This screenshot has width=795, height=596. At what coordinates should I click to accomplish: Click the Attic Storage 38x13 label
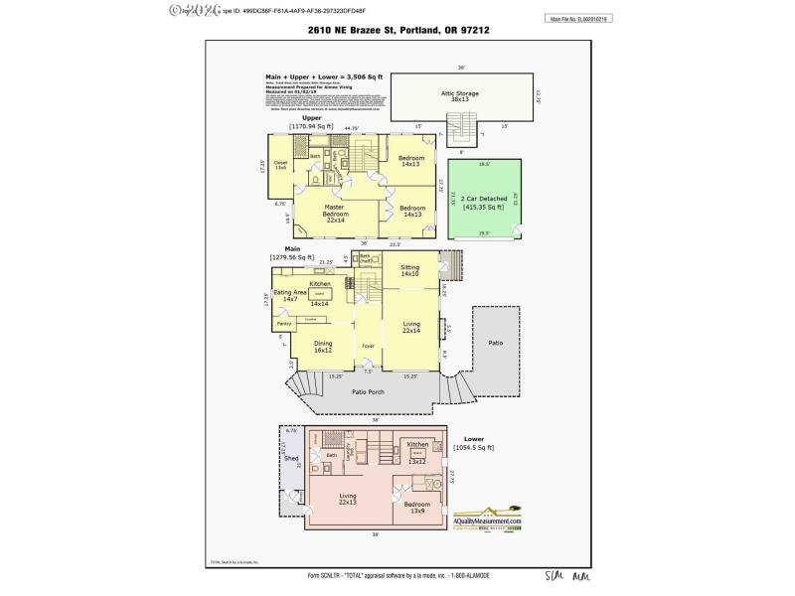pos(460,95)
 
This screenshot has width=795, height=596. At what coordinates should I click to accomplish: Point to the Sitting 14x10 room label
pos(410,270)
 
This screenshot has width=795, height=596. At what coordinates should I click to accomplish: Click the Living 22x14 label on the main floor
pos(411,327)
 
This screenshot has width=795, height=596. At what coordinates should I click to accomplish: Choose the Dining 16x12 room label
pos(323,347)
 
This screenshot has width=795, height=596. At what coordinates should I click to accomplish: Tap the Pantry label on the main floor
pos(283,323)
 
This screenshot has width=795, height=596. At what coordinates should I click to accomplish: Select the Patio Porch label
pos(369,392)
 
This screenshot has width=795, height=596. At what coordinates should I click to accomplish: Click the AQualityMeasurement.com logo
pos(488,522)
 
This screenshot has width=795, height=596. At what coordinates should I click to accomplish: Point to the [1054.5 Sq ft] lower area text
pos(472,447)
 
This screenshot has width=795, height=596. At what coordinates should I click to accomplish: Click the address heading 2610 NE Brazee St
pos(397,31)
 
